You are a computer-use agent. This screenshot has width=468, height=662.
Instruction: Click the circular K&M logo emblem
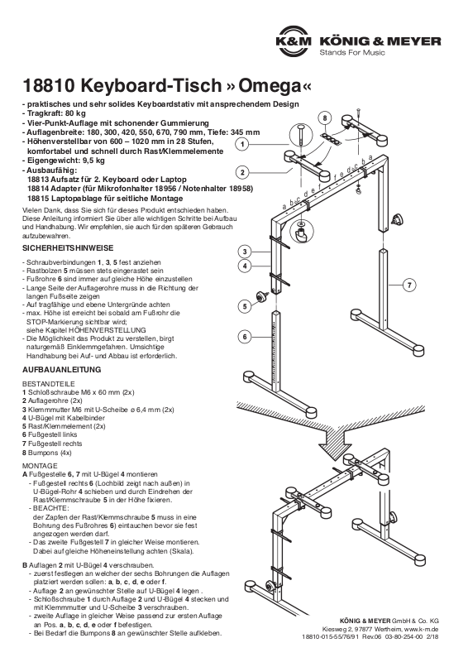pos(294,41)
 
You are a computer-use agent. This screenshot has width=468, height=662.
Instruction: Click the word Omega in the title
pos(268,86)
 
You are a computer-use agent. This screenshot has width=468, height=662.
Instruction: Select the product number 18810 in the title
pos(49,86)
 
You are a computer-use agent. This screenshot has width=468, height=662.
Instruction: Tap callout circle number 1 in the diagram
pos(242,144)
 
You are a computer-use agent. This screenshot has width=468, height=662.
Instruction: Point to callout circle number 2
pos(242,172)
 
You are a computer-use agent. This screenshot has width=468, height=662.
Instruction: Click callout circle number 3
pos(245,252)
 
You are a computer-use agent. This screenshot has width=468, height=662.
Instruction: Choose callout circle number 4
pos(245,266)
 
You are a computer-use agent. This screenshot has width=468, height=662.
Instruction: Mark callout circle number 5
pos(245,306)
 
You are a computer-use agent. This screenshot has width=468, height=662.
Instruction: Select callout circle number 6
pos(245,337)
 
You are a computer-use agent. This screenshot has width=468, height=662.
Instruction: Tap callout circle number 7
pos(409,285)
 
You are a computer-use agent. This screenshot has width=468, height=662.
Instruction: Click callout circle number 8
pos(325,118)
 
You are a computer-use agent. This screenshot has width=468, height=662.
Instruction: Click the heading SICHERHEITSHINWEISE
pos(68,248)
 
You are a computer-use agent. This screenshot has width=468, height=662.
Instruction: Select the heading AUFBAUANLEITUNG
pos(62,369)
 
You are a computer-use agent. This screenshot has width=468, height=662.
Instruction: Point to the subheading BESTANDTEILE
pos(49,384)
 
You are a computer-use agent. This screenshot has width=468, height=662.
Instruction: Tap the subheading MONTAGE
pos(40,466)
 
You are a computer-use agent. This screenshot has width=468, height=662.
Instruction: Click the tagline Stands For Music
pos(352,52)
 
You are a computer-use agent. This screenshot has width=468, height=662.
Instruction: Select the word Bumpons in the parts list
pos(43,453)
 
